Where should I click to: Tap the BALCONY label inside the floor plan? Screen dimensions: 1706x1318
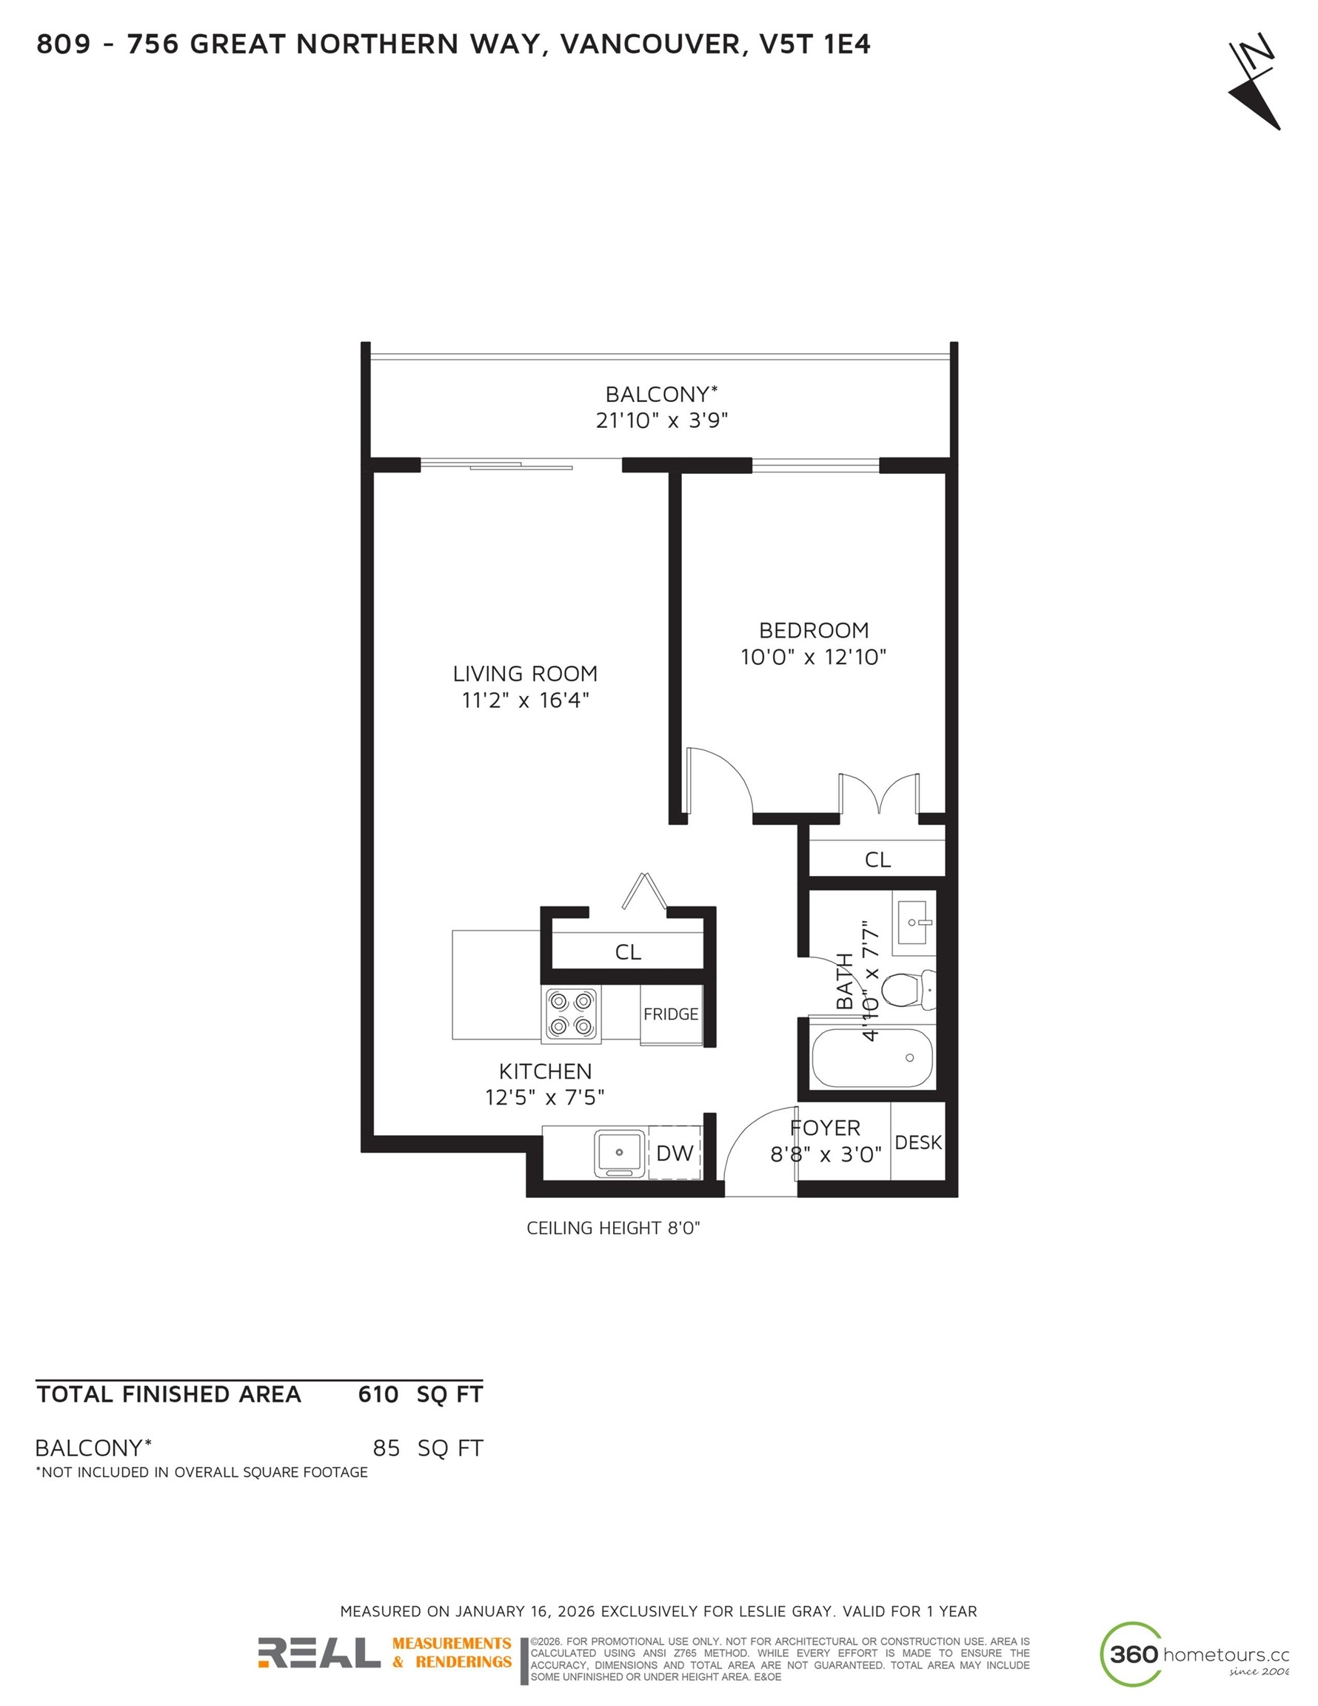[661, 394]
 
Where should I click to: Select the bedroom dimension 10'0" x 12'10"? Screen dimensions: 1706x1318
[813, 657]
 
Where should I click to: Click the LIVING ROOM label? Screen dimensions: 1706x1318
[525, 673]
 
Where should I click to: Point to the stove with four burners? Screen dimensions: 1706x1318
[571, 1013]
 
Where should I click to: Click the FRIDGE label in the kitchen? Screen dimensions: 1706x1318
[670, 1014]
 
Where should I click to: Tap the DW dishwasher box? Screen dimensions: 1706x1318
[675, 1153]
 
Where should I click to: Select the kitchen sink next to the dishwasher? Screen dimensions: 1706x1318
[620, 1153]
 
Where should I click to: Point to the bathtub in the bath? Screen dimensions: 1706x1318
[872, 1057]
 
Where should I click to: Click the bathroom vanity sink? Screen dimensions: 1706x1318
[913, 923]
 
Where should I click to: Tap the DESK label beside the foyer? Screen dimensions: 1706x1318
[918, 1143]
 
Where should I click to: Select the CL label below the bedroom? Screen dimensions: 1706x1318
[877, 859]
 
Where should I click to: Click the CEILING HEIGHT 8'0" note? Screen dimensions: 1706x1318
[613, 1228]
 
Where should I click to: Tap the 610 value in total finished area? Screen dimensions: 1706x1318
[378, 1395]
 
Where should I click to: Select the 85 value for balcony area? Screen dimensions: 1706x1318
[386, 1449]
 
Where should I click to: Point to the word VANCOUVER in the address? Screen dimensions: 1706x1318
[649, 44]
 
